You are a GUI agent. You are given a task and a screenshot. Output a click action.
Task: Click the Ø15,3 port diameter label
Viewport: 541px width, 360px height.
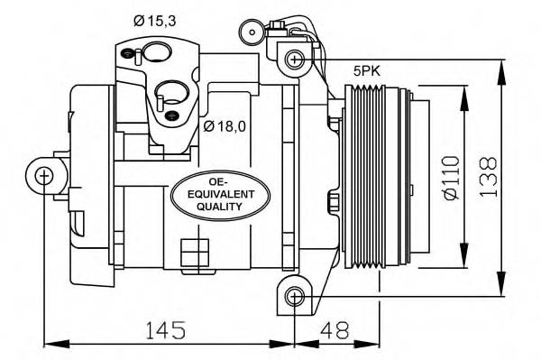tap(155, 21)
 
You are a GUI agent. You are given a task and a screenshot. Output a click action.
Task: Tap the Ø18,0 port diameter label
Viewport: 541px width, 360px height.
tap(225, 126)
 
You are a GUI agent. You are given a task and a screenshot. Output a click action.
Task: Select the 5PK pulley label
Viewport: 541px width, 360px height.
tap(366, 71)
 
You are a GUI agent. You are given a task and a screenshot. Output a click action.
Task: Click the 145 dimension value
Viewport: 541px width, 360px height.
tap(166, 330)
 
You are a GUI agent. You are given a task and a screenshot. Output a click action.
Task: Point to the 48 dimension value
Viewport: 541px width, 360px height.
tap(335, 329)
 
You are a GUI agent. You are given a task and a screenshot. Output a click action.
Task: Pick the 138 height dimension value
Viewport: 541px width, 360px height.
tap(489, 177)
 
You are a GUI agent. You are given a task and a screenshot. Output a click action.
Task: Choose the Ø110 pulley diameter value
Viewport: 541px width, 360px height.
tap(452, 178)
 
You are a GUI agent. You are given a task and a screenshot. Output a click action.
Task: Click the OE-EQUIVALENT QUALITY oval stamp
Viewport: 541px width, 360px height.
tap(220, 196)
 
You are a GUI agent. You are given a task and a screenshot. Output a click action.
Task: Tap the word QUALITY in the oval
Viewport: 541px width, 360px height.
tap(219, 207)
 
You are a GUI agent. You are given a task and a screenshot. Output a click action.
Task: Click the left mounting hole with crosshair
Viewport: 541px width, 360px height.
tap(44, 176)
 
